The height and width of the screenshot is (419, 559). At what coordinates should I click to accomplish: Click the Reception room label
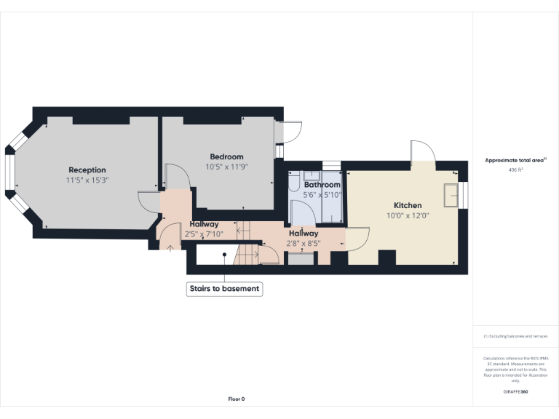87,170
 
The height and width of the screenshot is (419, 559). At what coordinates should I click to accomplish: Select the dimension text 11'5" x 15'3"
87,180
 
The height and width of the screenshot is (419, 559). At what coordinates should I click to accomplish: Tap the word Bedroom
226,156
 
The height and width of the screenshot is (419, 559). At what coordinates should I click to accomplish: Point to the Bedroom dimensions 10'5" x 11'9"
226,167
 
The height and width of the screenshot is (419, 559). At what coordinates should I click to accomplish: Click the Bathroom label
322,185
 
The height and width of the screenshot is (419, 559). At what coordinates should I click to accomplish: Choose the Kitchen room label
408,206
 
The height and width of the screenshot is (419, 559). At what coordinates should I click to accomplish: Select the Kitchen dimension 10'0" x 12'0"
408,215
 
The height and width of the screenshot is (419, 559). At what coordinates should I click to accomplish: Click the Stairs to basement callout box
224,289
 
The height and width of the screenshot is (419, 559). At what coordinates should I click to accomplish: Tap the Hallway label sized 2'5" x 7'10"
204,224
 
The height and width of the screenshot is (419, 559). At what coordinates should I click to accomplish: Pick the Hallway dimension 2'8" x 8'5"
304,244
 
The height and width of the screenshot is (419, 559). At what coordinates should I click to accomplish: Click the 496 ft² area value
515,169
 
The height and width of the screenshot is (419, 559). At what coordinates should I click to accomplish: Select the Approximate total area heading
515,160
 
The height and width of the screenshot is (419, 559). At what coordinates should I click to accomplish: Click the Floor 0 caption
237,399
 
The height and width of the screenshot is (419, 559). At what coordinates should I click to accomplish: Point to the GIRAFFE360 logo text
515,392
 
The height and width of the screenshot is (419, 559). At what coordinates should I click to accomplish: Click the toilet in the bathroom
294,185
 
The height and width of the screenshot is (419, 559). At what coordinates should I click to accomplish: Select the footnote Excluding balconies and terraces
515,336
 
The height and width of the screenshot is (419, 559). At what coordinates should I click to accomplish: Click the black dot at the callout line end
225,255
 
